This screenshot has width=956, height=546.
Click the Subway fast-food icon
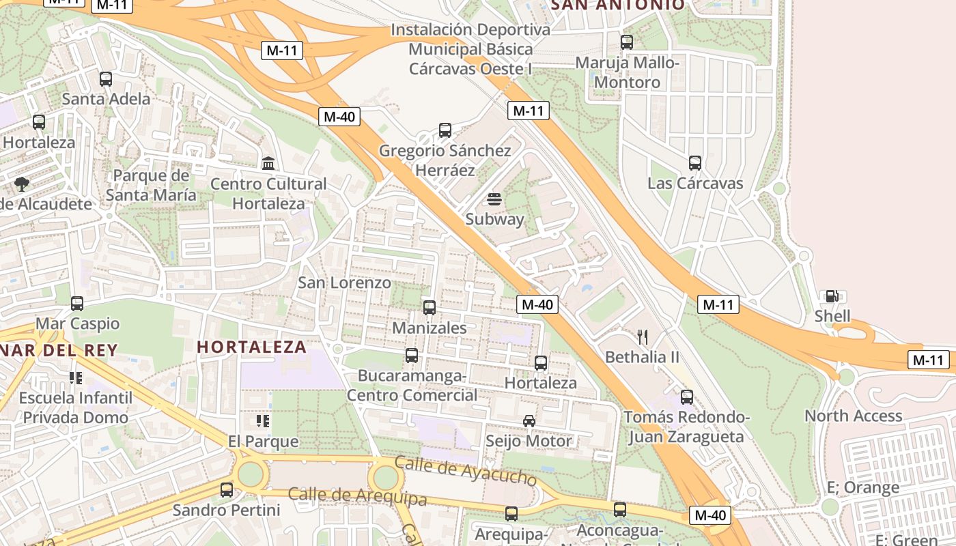(494, 199)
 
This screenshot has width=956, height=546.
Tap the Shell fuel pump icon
(832, 296)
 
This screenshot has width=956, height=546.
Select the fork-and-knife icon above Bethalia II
(642, 336)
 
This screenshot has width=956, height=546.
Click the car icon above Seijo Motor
(529, 420)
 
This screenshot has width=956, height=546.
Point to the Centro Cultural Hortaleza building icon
(268, 164)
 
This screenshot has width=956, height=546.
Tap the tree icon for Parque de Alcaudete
(22, 184)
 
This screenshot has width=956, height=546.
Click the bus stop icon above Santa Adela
(105, 79)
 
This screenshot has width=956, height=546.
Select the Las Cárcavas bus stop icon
(695, 163)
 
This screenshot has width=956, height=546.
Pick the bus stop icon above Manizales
(429, 308)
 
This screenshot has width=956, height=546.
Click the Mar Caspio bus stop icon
(77, 304)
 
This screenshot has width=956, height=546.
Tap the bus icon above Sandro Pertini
(226, 490)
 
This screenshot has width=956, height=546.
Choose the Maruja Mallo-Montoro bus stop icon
(627, 42)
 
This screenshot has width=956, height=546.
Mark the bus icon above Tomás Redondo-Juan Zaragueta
(687, 397)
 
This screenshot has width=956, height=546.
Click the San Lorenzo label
(345, 283)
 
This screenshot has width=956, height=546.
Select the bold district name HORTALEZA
(252, 347)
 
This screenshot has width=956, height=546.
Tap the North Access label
(853, 416)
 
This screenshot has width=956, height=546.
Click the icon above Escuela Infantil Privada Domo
(75, 377)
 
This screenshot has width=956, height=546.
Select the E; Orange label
(862, 487)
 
